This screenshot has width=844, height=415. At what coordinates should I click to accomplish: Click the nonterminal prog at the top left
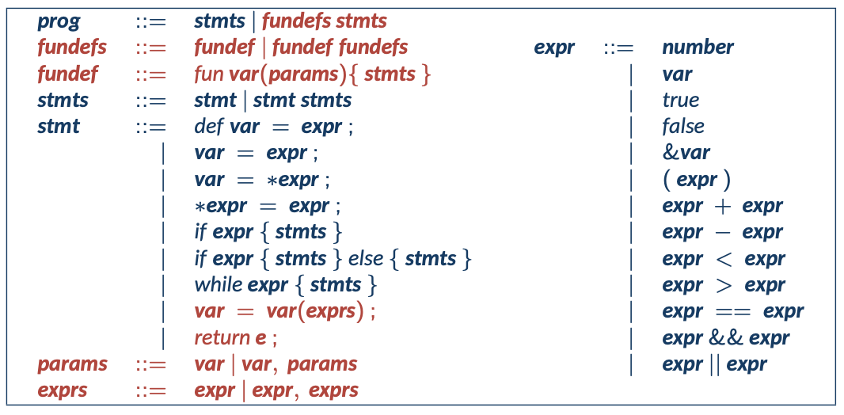tap(59, 22)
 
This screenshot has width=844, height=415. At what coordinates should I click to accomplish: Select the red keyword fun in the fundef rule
tap(207, 74)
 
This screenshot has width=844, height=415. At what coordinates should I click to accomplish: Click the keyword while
tap(219, 284)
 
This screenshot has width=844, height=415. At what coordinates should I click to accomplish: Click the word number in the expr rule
tap(698, 48)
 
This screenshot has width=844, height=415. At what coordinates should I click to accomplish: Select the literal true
tap(680, 101)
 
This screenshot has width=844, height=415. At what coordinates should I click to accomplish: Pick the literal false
tap(682, 127)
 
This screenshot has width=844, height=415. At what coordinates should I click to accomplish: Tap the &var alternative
tap(686, 153)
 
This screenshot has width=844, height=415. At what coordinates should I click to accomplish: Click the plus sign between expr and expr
tap(723, 207)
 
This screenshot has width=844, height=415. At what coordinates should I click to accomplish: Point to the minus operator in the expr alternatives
tap(723, 233)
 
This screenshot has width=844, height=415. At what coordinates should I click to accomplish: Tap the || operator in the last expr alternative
tap(714, 364)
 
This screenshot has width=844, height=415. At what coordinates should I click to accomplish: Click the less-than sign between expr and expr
tap(723, 259)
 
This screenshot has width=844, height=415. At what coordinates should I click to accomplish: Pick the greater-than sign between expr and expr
tap(723, 285)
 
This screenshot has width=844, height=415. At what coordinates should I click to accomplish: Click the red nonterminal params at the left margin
tap(72, 364)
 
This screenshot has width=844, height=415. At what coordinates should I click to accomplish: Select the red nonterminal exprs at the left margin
tap(63, 390)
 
